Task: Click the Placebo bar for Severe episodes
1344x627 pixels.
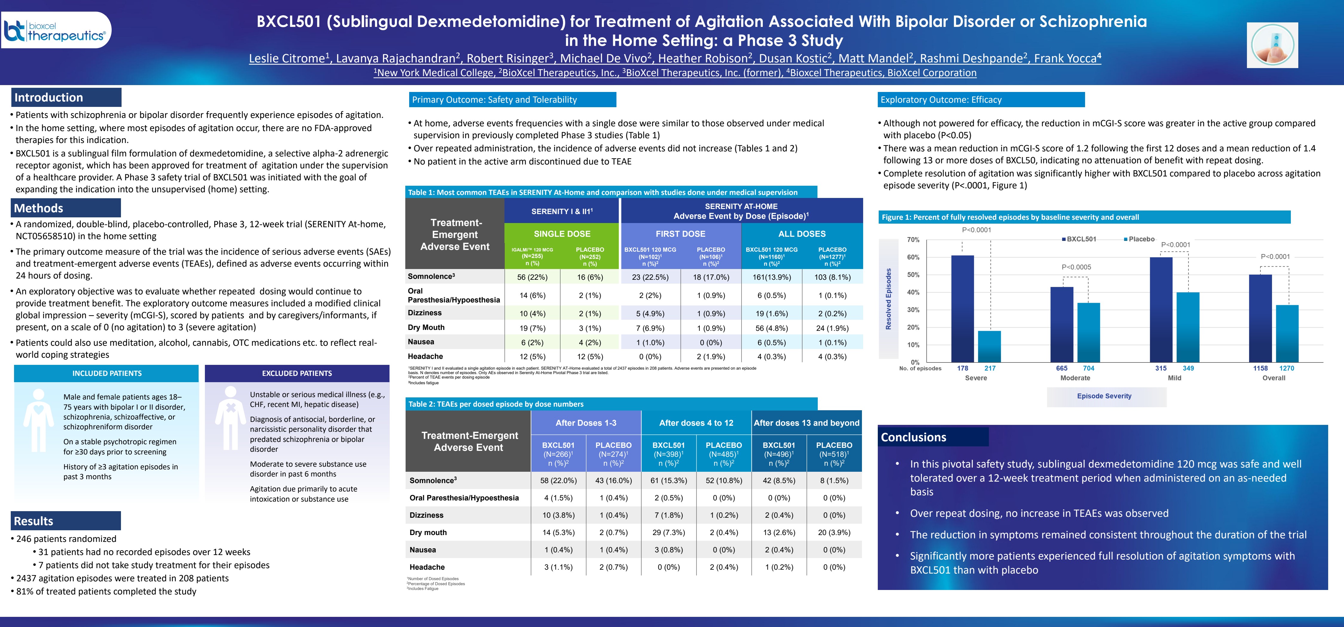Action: click(x=989, y=346)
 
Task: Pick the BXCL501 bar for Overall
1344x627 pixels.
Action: click(x=1260, y=318)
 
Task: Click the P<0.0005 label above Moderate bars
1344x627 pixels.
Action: click(x=1076, y=267)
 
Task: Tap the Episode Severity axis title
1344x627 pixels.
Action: click(x=1104, y=396)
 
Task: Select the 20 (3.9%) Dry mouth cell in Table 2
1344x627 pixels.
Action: click(x=834, y=532)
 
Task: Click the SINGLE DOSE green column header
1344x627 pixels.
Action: click(x=562, y=234)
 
